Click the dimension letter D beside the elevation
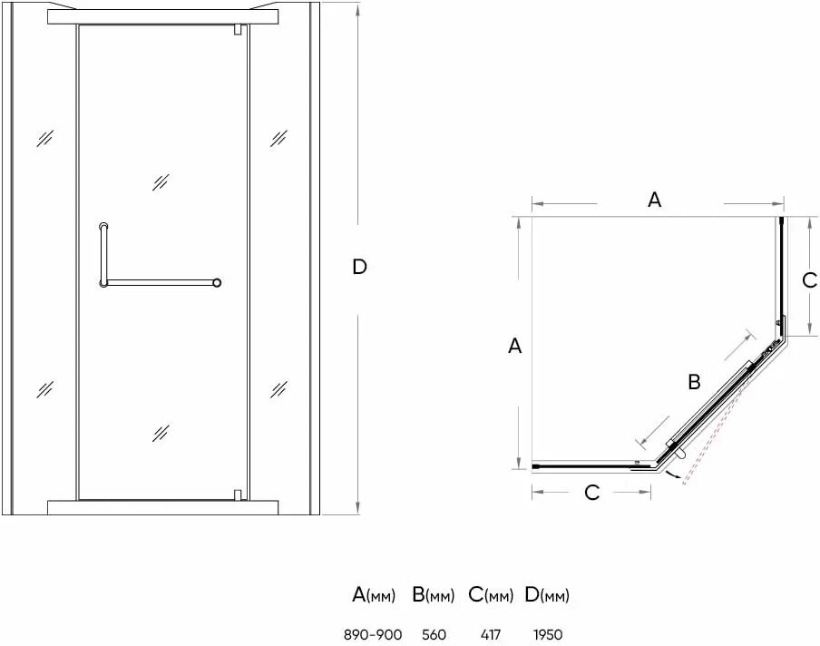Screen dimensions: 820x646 [359, 267]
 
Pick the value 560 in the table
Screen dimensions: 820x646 [434, 634]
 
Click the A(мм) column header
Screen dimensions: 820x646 [374, 596]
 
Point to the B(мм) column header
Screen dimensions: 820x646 [433, 596]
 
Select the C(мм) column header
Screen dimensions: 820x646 [491, 596]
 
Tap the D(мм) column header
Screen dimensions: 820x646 [547, 596]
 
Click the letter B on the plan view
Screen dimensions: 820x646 [694, 382]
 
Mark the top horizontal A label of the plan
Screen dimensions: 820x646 [654, 201]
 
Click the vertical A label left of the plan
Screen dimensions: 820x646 [514, 346]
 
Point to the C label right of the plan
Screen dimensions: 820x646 [810, 280]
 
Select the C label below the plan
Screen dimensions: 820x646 [591, 493]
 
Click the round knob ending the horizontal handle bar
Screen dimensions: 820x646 [217, 283]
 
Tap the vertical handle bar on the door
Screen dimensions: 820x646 [102, 254]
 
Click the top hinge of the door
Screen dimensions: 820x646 [238, 30]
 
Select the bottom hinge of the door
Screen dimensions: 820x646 [238, 495]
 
